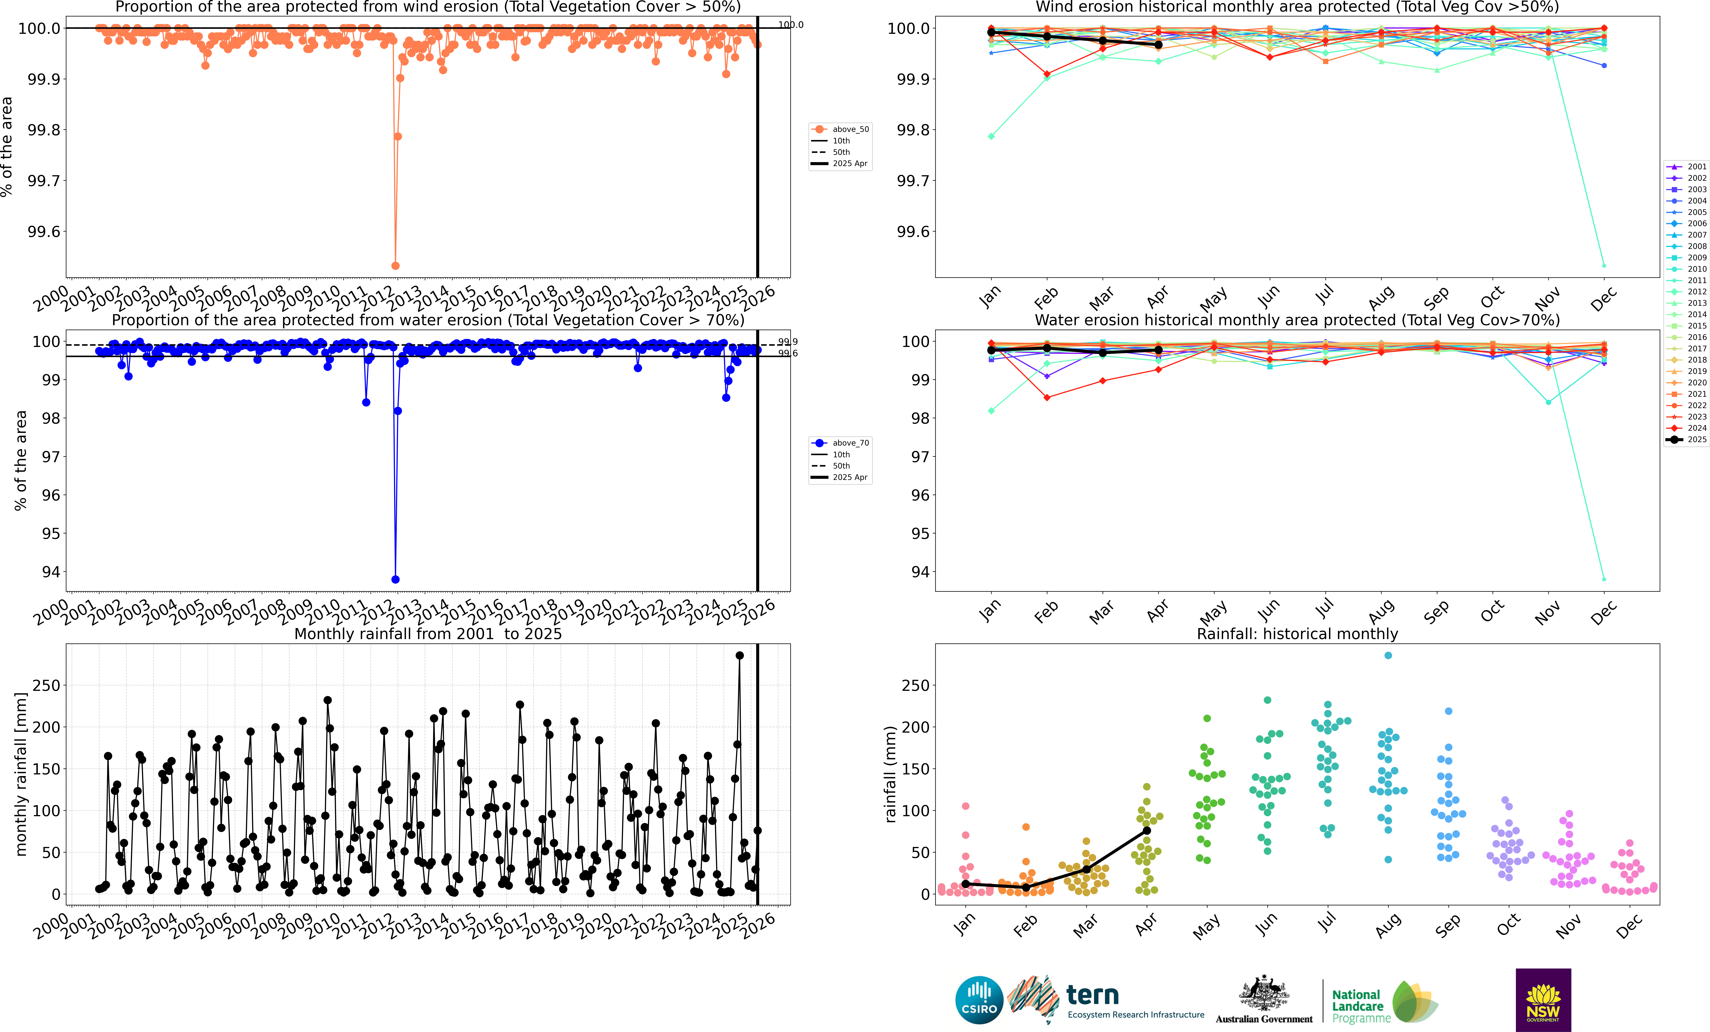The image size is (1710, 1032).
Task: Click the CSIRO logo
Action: click(978, 1000)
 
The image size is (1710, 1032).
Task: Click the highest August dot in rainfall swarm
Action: click(1388, 655)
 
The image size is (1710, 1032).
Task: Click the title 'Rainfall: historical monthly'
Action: click(1297, 634)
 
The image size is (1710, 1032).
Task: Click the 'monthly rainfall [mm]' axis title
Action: click(21, 774)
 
